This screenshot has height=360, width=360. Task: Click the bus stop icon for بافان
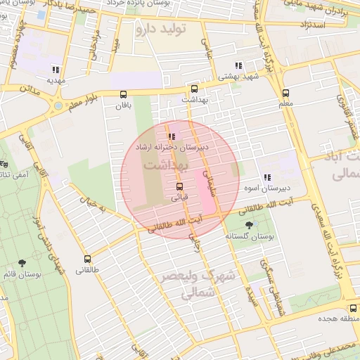[124, 94]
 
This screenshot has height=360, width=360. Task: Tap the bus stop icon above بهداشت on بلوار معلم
[194, 89]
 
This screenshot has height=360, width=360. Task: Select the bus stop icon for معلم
[285, 93]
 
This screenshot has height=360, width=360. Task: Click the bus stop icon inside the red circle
[180, 187]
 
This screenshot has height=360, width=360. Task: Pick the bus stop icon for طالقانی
[87, 259]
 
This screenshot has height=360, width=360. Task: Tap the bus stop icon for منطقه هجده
[353, 309]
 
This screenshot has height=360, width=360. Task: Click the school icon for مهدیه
[55, 70]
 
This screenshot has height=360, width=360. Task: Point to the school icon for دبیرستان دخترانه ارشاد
[171, 137]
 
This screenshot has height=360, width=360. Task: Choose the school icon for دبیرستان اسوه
[266, 178]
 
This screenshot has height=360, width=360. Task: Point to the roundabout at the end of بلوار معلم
[56, 107]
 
